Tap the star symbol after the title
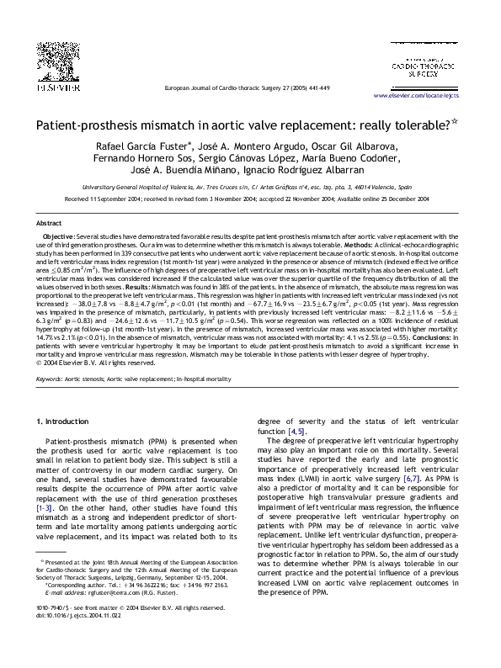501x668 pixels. point(454,122)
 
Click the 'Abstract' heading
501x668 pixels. point(49,224)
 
